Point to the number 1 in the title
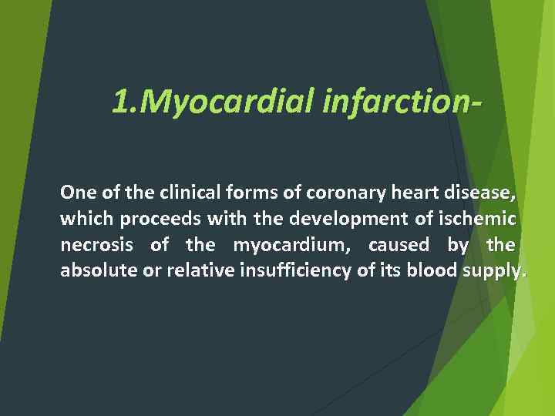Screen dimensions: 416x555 tap(120, 100)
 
